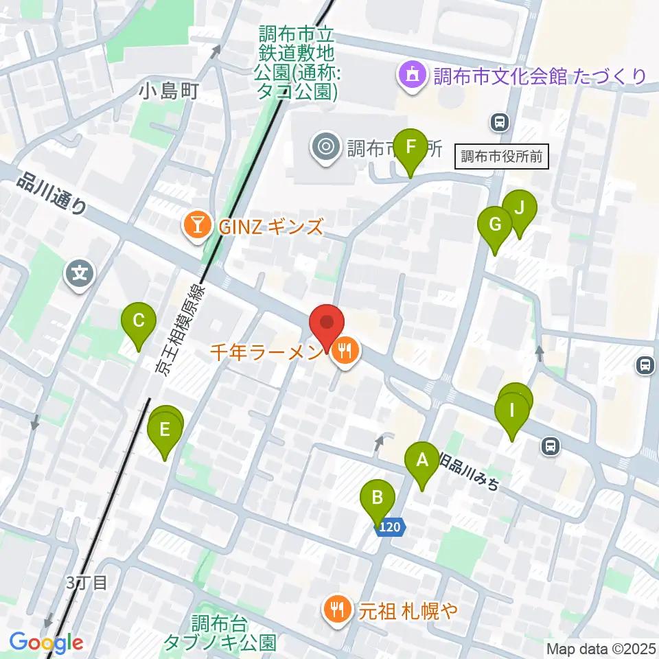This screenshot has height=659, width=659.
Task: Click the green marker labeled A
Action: point(421,460)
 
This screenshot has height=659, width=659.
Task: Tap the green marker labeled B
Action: point(377,498)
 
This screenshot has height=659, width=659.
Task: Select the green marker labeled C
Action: point(138,321)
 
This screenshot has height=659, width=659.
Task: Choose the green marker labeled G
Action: point(495,224)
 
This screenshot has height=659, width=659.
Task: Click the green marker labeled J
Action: point(519,207)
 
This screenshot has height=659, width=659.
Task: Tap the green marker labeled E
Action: point(165,430)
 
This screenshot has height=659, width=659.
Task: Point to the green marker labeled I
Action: point(511,411)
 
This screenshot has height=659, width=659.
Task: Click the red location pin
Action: point(327,323)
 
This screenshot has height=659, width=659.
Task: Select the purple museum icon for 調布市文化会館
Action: point(412,76)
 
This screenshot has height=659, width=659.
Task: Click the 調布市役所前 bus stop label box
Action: point(502,157)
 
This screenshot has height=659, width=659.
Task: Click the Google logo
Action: point(46,643)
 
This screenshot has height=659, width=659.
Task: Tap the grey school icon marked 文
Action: point(80,275)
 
